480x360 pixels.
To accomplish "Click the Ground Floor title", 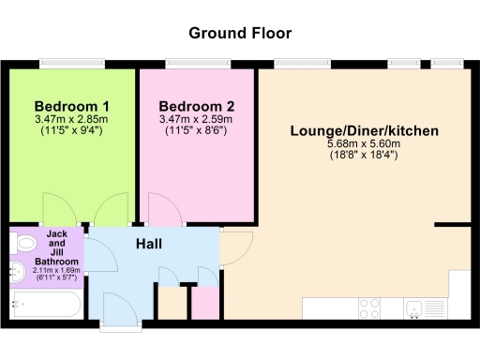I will click(240, 33).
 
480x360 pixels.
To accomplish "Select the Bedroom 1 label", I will click(71, 106).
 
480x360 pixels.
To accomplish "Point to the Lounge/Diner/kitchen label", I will click(364, 130).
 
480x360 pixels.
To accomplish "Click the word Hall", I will click(149, 244).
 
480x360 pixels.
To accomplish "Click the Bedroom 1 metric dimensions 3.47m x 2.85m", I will click(71, 119).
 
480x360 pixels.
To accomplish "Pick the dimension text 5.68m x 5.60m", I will click(364, 143).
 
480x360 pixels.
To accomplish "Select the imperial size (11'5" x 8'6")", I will click(197, 130).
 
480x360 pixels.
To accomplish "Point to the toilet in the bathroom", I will click(23, 244).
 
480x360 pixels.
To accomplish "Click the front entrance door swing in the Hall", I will click(120, 309).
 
